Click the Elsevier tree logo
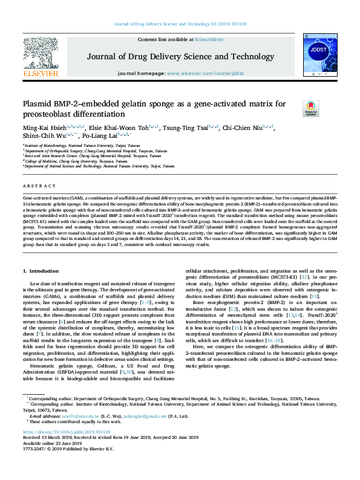(x=40, y=52)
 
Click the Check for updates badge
(x=311, y=108)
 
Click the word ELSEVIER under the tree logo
(x=40, y=73)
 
